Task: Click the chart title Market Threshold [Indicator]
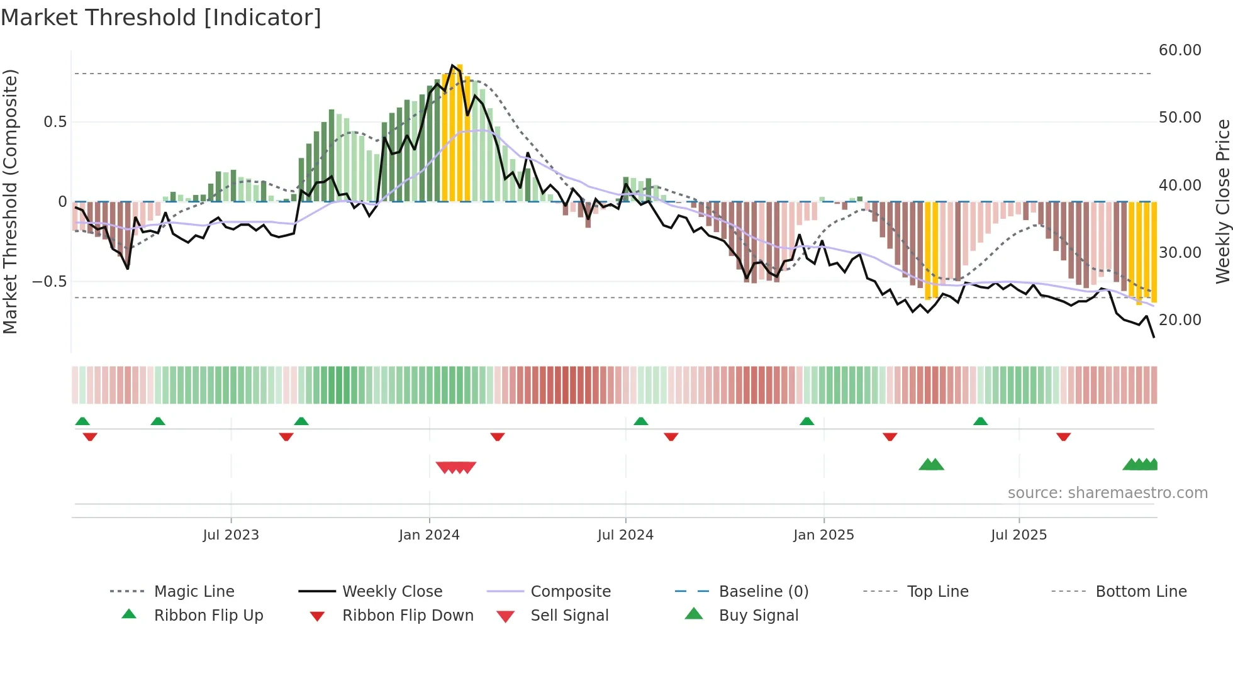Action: click(161, 18)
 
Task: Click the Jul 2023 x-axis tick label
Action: click(231, 535)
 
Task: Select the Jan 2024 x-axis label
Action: click(429, 535)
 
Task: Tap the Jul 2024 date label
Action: click(625, 535)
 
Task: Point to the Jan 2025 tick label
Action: click(823, 535)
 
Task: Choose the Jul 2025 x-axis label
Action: click(1018, 535)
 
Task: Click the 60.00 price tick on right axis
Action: click(1180, 50)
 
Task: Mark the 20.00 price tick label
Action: click(1180, 320)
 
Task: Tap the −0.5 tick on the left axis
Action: click(50, 282)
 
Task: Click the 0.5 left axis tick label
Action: click(55, 122)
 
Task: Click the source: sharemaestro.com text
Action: click(1107, 493)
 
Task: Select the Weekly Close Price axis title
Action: click(1222, 201)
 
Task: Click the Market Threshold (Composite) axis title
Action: click(10, 201)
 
